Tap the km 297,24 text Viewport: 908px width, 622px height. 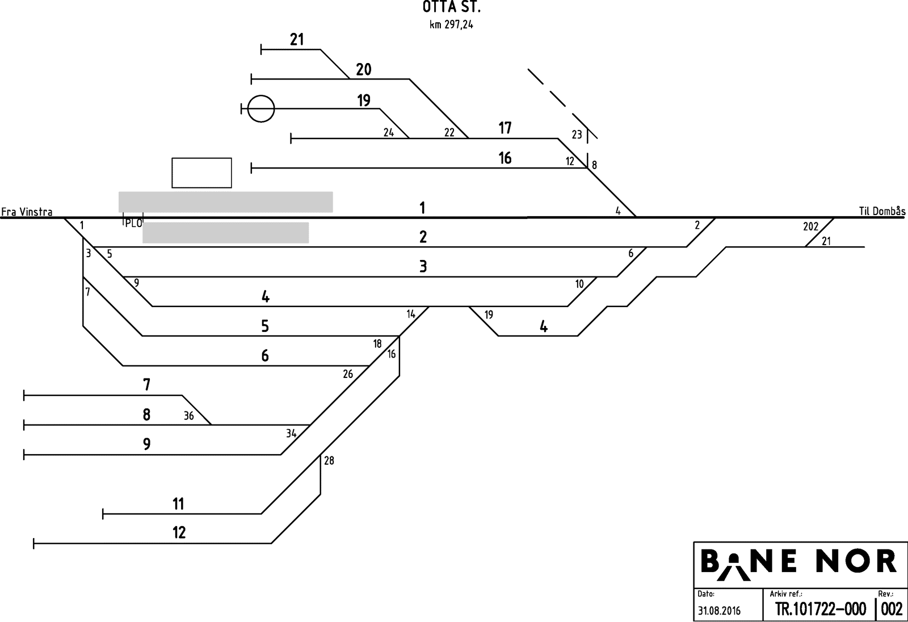451,25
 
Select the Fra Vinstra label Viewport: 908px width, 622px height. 27,212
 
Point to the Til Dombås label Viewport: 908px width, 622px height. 882,212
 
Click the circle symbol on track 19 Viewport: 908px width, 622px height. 261,108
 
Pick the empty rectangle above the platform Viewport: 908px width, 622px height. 201,173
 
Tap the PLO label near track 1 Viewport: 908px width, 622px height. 133,223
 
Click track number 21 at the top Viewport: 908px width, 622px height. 297,40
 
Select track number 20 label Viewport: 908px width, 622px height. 364,70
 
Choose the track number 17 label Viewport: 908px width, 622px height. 505,128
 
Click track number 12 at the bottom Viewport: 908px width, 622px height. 179,533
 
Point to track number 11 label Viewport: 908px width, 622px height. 179,504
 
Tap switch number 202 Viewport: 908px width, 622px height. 810,227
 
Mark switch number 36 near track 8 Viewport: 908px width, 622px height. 189,416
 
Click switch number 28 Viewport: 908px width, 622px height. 329,461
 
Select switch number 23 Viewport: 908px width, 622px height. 577,135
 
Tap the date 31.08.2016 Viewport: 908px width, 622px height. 719,611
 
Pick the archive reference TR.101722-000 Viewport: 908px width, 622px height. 821,610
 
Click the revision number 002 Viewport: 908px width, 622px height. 892,610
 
